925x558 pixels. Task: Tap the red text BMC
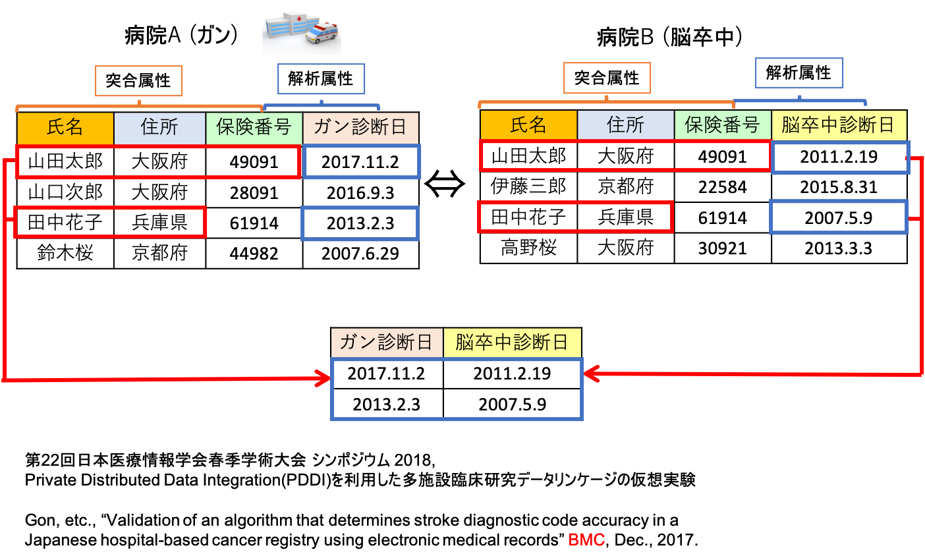tap(586, 540)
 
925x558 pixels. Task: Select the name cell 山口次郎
tap(65, 192)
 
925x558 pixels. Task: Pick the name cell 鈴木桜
tap(65, 253)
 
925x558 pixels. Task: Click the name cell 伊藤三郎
tap(528, 186)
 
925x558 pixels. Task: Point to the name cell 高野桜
tap(528, 248)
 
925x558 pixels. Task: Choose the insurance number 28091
tap(254, 193)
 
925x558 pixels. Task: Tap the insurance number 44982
tap(254, 254)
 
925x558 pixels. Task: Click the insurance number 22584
tap(722, 187)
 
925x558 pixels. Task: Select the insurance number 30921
tap(722, 248)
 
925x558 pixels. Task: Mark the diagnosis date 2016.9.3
tap(360, 193)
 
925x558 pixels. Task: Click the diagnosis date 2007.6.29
tap(360, 254)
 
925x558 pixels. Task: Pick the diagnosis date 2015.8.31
tap(839, 187)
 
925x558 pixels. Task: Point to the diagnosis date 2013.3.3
tap(839, 248)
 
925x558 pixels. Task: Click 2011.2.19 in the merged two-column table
tap(512, 374)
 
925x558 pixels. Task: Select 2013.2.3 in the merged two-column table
tap(386, 405)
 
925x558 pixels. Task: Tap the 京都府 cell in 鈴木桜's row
tap(159, 253)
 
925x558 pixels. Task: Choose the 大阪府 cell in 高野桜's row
tap(625, 248)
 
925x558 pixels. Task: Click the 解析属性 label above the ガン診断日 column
tap(321, 79)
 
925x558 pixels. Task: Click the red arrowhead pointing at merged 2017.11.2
tap(323, 377)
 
